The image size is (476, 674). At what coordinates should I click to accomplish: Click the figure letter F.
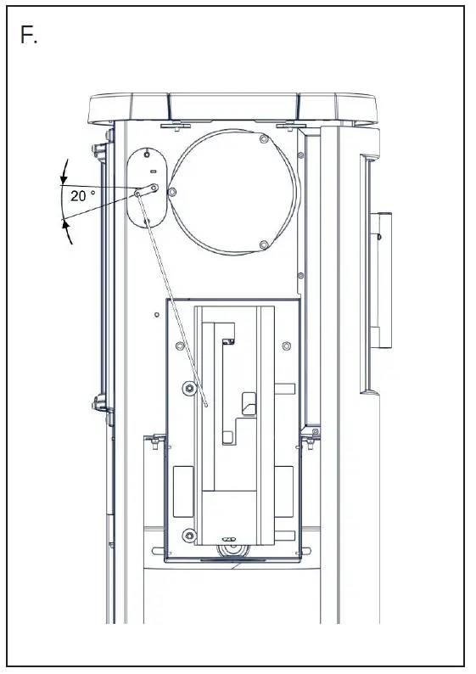click(29, 36)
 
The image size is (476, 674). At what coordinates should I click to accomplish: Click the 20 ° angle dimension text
click(84, 195)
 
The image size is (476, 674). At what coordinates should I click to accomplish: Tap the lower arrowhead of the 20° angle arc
click(64, 222)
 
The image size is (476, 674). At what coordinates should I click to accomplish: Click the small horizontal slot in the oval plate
click(153, 172)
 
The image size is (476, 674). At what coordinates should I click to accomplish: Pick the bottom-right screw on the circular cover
click(264, 245)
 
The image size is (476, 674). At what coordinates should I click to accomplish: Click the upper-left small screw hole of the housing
click(179, 345)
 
